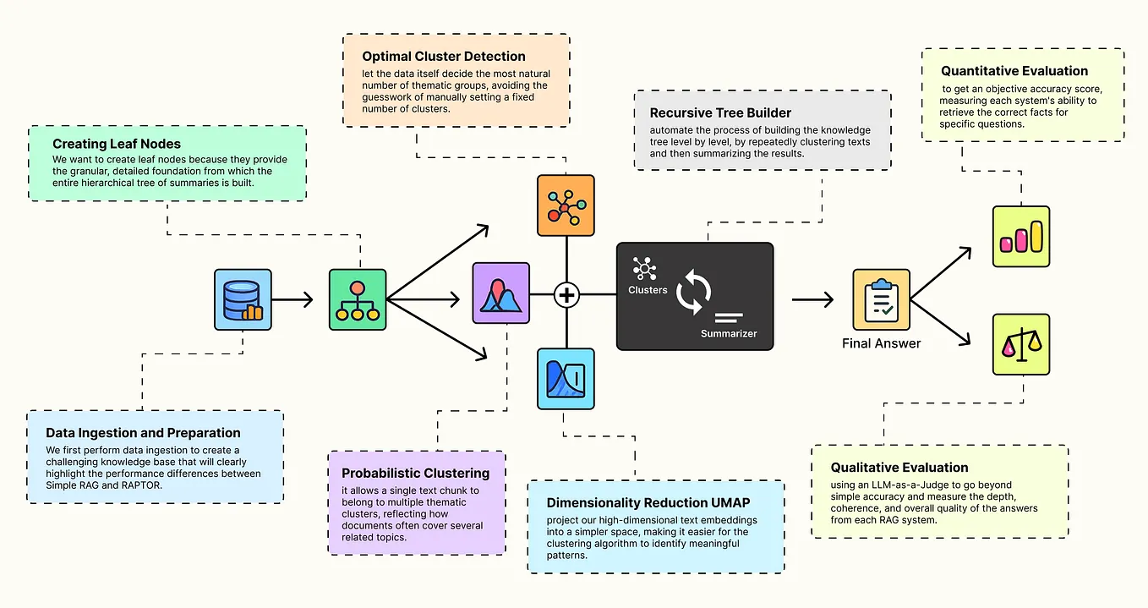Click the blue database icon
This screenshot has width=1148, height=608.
243,299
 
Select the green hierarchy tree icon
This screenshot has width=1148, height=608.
357,299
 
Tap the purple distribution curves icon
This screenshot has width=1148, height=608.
500,293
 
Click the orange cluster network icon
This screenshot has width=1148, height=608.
566,205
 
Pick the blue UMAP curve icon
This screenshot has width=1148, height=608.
566,379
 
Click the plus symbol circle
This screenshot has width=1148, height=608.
566,295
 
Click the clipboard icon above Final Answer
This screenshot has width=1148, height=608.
881,299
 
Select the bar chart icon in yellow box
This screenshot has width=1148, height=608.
1020,237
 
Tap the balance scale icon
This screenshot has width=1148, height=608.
1020,344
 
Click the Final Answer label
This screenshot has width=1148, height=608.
881,343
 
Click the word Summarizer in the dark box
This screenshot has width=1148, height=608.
729,333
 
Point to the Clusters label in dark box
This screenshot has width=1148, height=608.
648,290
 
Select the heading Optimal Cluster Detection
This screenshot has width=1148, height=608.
444,57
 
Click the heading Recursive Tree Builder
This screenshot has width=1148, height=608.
721,112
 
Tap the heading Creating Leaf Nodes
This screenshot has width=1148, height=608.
117,145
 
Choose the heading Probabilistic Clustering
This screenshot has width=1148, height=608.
415,474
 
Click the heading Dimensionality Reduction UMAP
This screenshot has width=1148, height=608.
647,503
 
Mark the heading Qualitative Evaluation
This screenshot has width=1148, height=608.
899,468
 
